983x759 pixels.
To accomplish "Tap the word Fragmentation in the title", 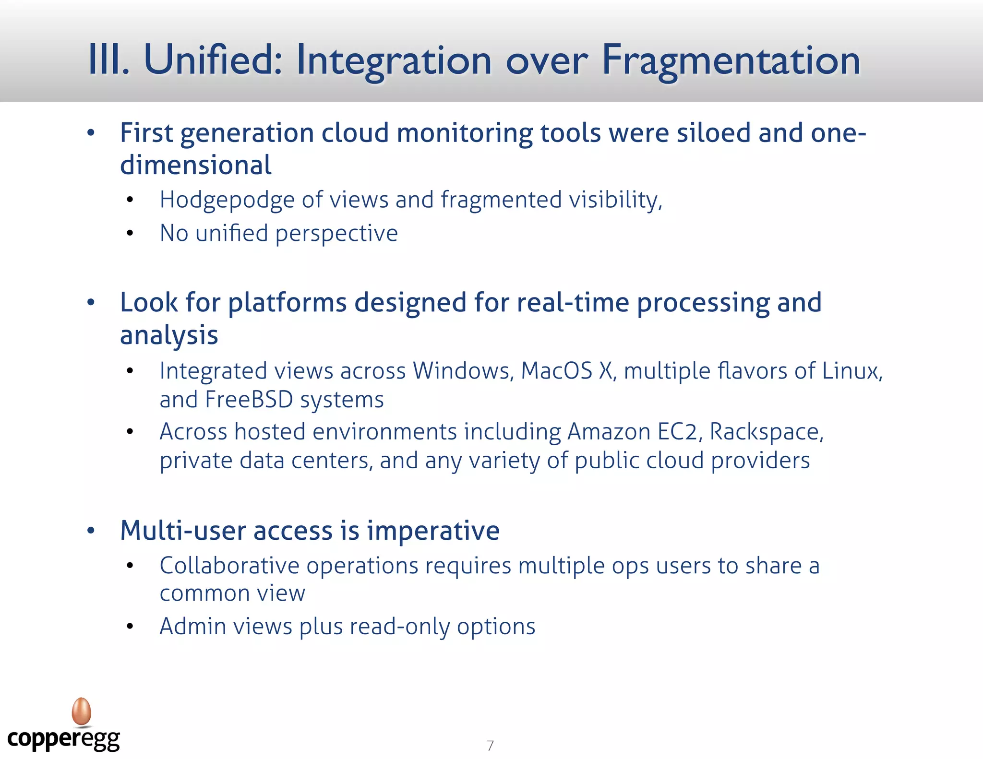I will (731, 61).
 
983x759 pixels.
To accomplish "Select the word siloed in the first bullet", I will (713, 133).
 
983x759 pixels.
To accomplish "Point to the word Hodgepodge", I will (227, 200).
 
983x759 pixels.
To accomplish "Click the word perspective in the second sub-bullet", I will (336, 234).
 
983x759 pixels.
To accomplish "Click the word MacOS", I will (556, 371).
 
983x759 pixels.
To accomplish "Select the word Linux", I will (852, 371).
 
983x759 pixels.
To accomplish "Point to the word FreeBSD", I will (249, 400).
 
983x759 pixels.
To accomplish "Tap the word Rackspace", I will (766, 432).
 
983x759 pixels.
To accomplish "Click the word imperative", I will (433, 531).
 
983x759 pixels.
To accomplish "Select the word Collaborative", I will (229, 566).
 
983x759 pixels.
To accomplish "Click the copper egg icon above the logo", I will (82, 711).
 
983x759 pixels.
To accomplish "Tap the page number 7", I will (490, 746).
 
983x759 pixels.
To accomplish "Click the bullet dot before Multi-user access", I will (91, 531).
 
